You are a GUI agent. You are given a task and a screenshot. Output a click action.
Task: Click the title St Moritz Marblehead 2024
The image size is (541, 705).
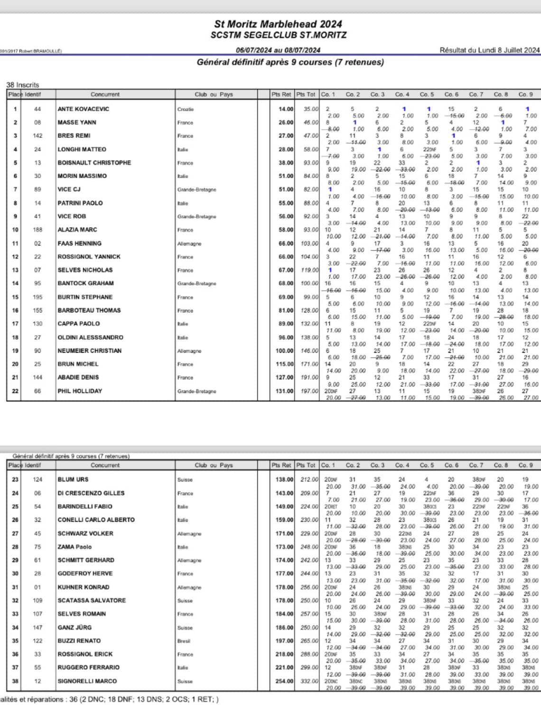click(x=278, y=24)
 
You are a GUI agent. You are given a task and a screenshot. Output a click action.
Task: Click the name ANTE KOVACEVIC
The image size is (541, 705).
click(x=83, y=109)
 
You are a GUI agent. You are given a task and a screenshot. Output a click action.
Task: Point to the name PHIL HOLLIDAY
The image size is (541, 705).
click(x=80, y=391)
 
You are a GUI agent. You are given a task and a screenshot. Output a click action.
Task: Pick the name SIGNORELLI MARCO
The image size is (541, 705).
click(x=87, y=681)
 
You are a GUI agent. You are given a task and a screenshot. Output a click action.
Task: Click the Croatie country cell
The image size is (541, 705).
click(x=186, y=109)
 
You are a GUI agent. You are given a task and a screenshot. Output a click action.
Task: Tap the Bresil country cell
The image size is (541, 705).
click(x=184, y=641)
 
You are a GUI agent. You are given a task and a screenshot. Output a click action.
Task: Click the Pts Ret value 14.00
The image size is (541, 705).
click(x=286, y=109)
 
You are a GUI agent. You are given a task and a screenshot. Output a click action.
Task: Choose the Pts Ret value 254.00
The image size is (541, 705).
click(x=284, y=681)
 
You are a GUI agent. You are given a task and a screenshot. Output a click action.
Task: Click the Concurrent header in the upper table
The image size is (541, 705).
click(x=105, y=94)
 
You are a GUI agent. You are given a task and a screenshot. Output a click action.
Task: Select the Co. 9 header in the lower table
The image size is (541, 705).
click(x=525, y=465)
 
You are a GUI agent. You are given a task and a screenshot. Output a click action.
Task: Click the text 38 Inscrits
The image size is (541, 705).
click(x=22, y=85)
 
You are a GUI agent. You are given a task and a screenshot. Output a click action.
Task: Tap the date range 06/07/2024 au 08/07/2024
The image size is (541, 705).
click(x=278, y=50)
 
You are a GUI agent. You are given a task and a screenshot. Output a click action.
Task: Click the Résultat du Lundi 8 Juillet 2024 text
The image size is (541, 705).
click(x=489, y=50)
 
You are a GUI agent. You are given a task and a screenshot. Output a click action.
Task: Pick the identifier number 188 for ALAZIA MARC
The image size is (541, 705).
click(x=37, y=230)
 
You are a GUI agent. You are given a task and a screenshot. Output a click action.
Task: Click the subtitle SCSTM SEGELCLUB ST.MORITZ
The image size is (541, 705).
click(x=279, y=35)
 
